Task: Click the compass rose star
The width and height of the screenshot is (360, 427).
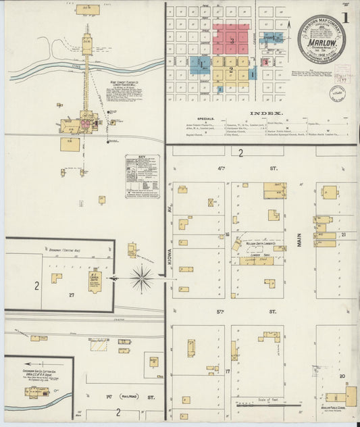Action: (x=141, y=278)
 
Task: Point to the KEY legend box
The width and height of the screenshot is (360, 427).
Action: (x=143, y=176)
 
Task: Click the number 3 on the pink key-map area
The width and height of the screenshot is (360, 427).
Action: (x=232, y=41)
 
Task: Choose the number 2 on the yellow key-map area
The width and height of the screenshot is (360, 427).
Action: (x=232, y=69)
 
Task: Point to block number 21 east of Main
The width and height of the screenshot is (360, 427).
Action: (x=342, y=234)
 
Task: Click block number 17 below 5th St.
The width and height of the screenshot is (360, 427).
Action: (x=228, y=372)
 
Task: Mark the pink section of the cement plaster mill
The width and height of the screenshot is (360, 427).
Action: (x=86, y=124)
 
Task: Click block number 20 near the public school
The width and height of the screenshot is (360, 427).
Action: (x=342, y=376)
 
